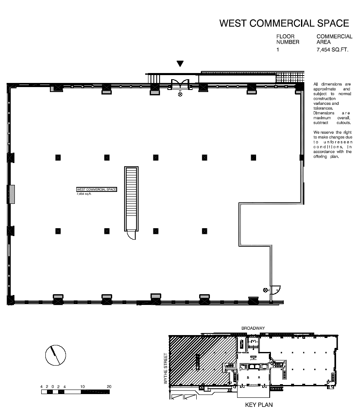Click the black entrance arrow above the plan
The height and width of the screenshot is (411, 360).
[180, 64]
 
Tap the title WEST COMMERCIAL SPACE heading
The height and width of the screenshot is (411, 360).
[284, 24]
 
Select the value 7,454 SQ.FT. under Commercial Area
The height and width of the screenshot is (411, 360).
[332, 50]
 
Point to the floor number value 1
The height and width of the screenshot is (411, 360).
[278, 50]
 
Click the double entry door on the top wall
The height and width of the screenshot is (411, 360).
[180, 84]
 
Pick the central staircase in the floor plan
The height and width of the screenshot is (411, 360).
[131, 198]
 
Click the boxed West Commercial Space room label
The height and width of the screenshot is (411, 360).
[96, 189]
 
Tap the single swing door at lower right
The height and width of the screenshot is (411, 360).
[275, 290]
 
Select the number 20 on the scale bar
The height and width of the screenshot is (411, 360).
[109, 386]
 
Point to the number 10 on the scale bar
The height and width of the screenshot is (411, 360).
[82, 386]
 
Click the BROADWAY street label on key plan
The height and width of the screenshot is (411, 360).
[253, 328]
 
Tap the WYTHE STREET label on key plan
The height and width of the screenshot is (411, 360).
[166, 368]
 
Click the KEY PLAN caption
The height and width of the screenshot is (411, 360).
[259, 405]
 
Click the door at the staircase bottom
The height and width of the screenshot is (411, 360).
[132, 235]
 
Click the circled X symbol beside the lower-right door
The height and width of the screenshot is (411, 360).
[266, 290]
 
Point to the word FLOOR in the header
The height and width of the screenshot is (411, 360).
[285, 36]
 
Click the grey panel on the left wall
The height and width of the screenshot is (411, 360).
[11, 194]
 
